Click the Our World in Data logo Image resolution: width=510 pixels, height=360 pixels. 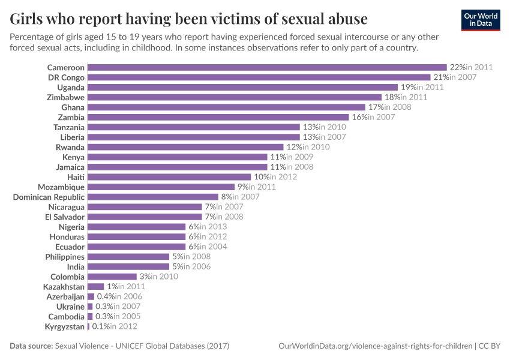pos(480,19)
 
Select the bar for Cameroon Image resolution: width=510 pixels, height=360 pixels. pos(267,67)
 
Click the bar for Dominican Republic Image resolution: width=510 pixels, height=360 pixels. pos(152,197)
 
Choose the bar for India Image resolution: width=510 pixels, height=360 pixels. pos(128,266)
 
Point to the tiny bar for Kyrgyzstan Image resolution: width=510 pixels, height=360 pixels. pos(88,326)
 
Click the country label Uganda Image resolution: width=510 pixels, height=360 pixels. pos(71,87)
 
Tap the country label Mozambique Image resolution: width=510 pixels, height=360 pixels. pos(61,187)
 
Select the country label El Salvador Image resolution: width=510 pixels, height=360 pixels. pos(65,217)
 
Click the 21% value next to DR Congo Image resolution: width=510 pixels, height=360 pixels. pos(440,77)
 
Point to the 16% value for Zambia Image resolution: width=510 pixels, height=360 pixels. pos(359,117)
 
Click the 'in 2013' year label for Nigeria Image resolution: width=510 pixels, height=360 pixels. pos(214,227)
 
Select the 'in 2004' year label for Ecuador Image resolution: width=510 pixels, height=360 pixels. pos(214,247)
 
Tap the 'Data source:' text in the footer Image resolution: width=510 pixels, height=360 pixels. pos(31,346)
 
